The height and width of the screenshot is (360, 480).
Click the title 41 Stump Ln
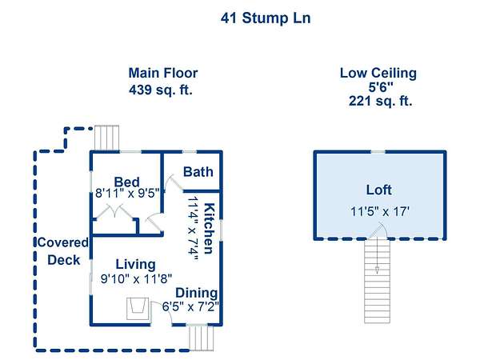pos(266,18)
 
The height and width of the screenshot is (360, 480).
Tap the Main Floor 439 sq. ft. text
pos(163,82)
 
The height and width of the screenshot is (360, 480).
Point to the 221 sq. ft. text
pos(380,101)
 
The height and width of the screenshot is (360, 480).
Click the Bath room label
pos(198,172)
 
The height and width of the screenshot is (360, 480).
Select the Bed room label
pos(126,182)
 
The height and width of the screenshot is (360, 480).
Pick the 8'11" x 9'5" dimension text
pos(128,194)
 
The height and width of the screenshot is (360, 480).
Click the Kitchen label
pos(209,228)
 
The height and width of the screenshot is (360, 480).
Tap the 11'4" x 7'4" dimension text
pos(194,229)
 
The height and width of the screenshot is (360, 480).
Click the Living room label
pos(136,265)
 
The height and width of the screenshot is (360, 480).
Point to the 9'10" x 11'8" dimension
pos(136,279)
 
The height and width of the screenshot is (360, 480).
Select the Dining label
pos(196,293)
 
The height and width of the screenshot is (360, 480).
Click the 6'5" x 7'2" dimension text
pos(190,306)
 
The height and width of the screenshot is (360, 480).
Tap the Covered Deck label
pos(63,251)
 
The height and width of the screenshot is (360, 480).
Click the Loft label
pos(378,190)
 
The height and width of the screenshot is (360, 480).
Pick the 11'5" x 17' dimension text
pos(380,211)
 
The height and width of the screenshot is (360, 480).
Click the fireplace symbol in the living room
pos(138,309)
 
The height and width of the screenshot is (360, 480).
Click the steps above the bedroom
pos(106,138)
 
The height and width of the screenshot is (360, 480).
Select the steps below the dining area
pos(201,338)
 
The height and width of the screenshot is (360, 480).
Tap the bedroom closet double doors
pos(114,211)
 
